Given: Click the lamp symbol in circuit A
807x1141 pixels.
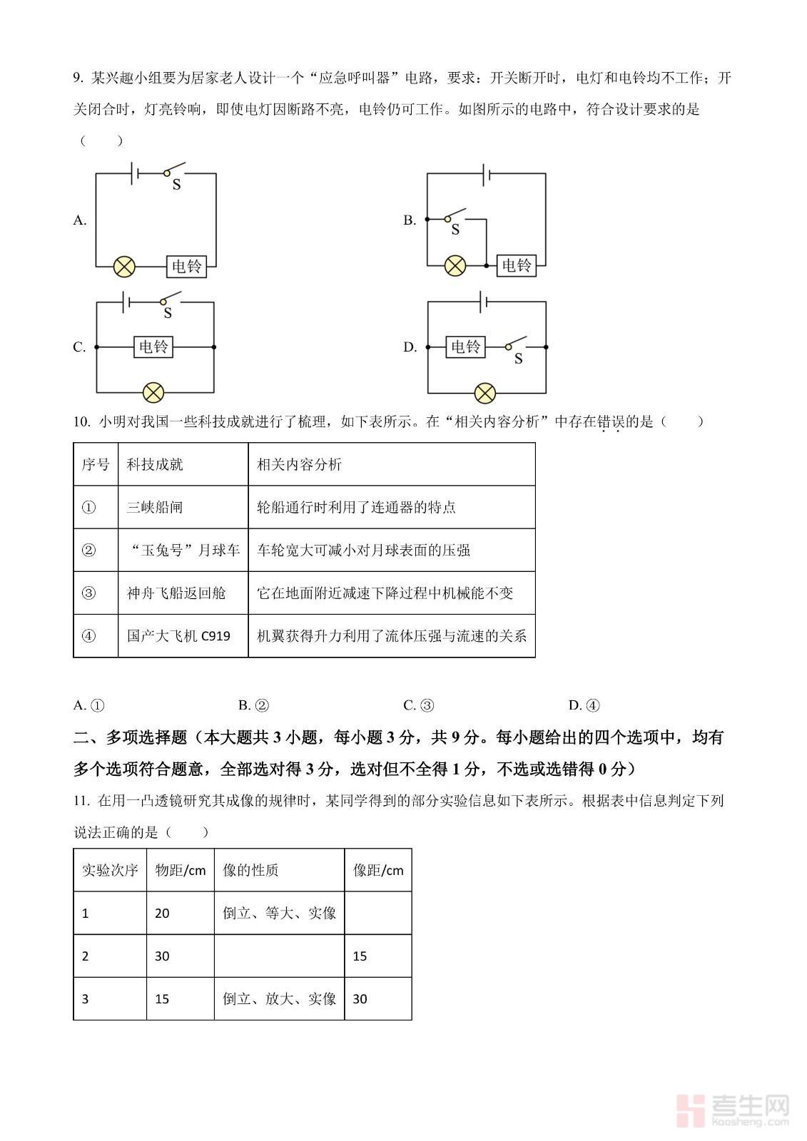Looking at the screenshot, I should click(124, 267).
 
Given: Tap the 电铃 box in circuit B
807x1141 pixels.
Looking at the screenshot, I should click(516, 265).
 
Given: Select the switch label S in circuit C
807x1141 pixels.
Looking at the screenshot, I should click(168, 313).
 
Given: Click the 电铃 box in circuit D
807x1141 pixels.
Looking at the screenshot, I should click(465, 347).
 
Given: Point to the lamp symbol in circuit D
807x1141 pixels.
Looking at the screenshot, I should click(485, 393).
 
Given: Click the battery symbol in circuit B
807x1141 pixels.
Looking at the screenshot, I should click(486, 173).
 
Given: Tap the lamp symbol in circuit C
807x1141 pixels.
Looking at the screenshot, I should click(153, 393).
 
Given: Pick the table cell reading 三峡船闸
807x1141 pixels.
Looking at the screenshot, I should click(155, 507).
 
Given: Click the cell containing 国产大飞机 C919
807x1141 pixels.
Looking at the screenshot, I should click(178, 635).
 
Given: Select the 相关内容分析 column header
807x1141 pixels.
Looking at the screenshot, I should click(300, 464).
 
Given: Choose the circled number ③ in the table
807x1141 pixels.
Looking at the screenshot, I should click(88, 593).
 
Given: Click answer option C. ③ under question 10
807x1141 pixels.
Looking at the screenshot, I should click(419, 705).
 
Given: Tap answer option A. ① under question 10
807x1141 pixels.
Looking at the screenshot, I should click(89, 705).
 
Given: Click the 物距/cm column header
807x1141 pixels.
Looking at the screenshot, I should click(180, 870).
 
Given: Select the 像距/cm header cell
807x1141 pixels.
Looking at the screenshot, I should click(378, 870).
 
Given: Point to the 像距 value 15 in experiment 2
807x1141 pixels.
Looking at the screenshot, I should click(360, 956).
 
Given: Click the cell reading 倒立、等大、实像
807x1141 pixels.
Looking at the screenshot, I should click(279, 913).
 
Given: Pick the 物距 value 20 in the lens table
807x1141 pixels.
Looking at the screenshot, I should click(162, 914).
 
